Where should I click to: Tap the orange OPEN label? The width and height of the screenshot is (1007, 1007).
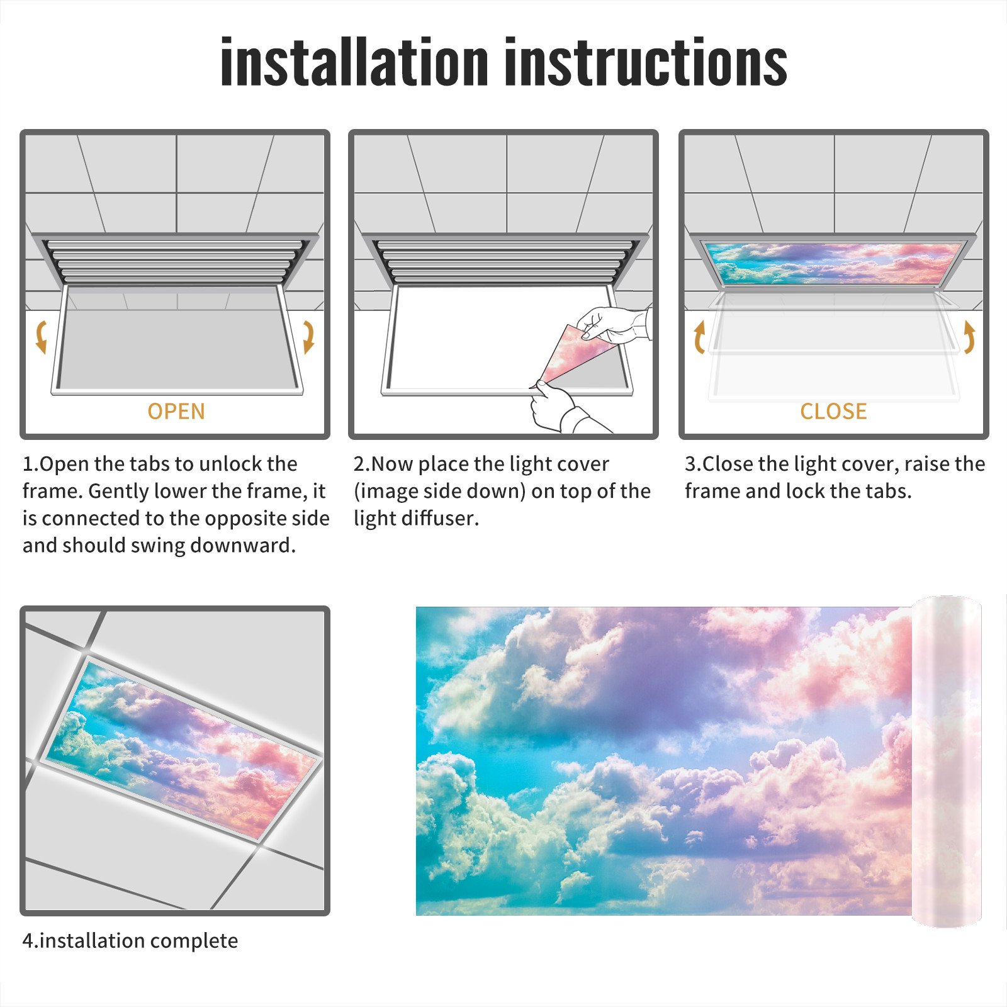click(x=176, y=411)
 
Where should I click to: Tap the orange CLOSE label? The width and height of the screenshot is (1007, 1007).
click(x=833, y=411)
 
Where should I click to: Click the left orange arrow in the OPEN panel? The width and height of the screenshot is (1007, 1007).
click(x=42, y=337)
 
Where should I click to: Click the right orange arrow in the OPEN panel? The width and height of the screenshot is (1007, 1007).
click(x=308, y=337)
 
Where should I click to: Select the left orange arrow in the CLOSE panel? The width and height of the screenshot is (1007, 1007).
click(x=699, y=337)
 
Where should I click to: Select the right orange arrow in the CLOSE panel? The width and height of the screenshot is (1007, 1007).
click(x=969, y=337)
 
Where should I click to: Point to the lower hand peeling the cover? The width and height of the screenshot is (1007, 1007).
click(x=560, y=407)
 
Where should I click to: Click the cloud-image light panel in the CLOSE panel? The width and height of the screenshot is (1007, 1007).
click(x=833, y=262)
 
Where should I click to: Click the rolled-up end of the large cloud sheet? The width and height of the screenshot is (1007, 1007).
click(x=947, y=761)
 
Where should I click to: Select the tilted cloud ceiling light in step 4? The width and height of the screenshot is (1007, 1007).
click(x=181, y=748)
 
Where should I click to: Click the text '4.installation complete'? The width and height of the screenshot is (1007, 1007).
click(x=130, y=940)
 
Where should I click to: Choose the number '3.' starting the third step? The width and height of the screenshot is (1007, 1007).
click(x=693, y=464)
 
